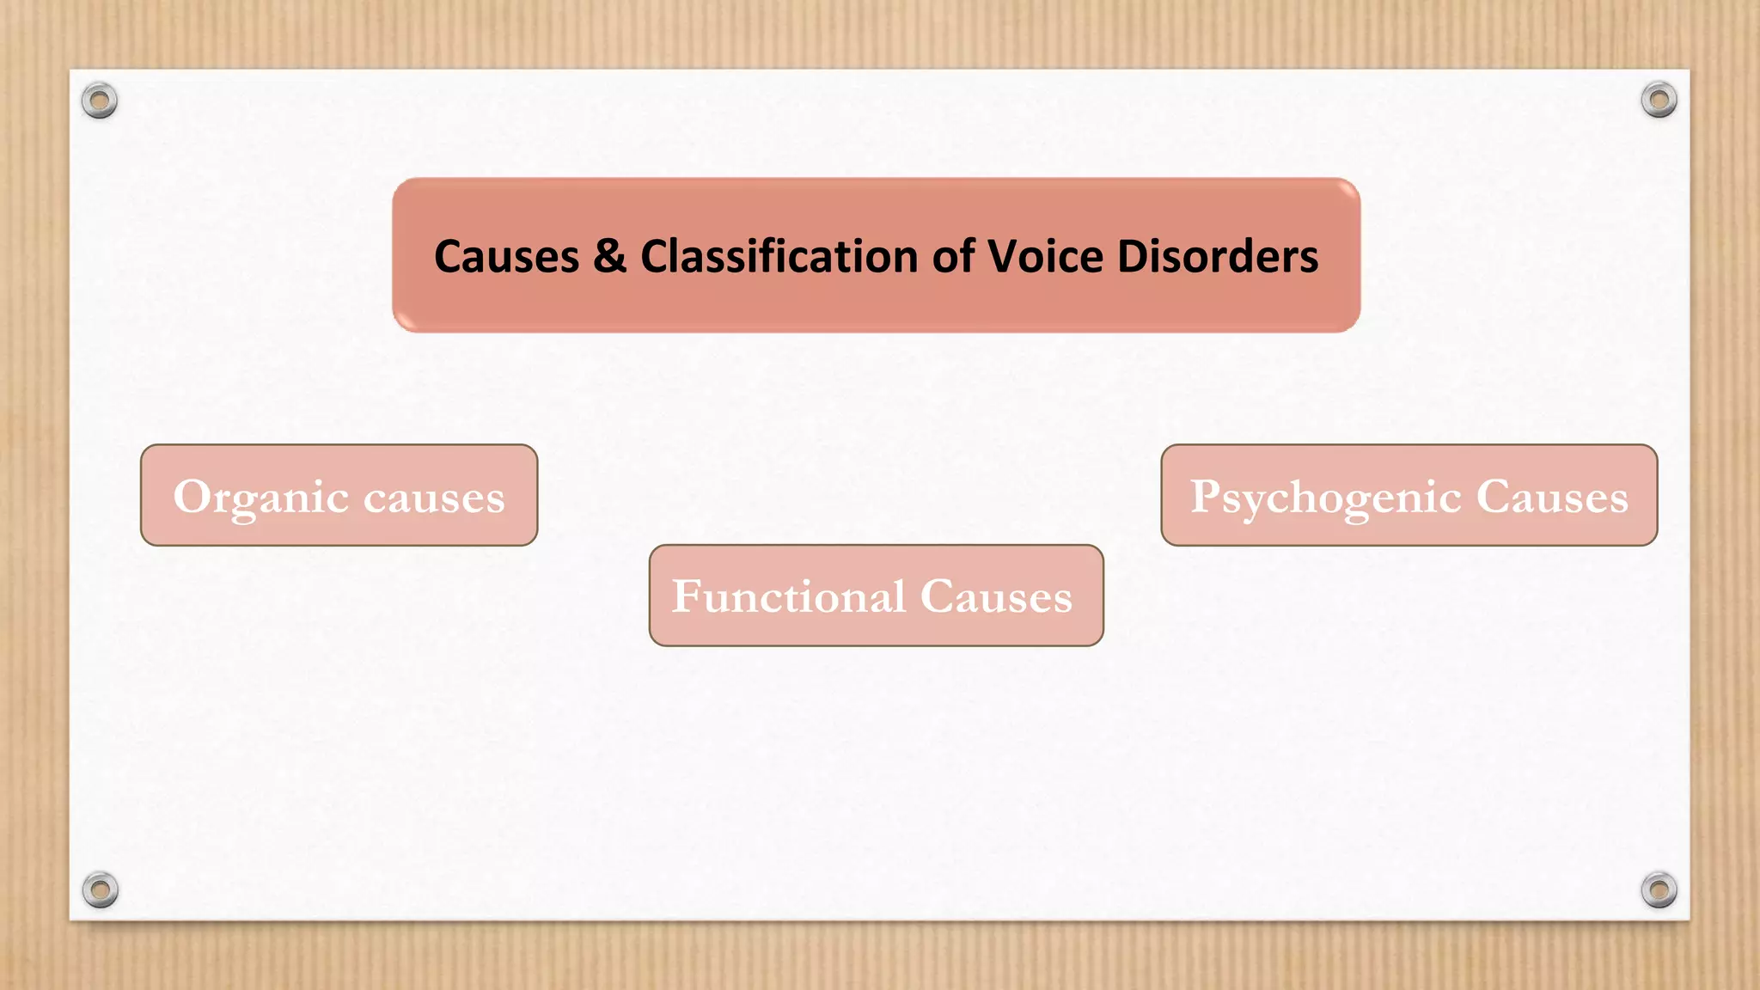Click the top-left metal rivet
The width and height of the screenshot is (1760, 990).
point(100,101)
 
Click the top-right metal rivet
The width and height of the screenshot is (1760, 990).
point(1659,100)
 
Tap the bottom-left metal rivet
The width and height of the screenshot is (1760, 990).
point(101,889)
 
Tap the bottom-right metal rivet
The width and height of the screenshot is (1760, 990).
point(1659,889)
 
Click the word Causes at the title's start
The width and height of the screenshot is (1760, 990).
point(506,257)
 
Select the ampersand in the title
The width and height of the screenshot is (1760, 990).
point(609,257)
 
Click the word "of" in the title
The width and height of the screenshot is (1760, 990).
point(953,257)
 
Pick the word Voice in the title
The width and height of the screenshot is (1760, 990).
point(1045,257)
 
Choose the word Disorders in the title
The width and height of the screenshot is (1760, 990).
point(1217,257)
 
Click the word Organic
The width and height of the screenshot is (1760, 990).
point(260,498)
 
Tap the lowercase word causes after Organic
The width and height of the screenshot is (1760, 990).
point(434,498)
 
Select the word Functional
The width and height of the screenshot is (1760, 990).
point(788,596)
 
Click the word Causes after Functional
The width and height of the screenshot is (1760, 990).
point(996,596)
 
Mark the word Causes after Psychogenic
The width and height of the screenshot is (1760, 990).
point(1552,497)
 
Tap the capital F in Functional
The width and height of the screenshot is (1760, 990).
point(687,596)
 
